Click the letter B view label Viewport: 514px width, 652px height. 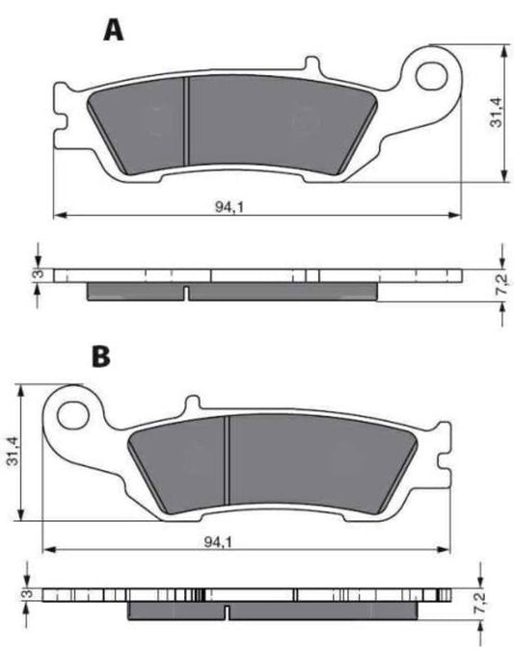(x=100, y=356)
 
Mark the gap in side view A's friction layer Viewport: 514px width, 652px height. (x=185, y=290)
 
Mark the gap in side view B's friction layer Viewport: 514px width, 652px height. (x=225, y=610)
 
